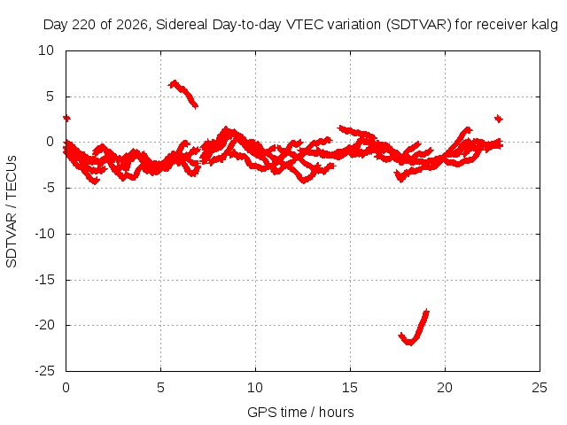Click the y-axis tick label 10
pos(46,50)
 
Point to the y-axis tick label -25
pos(45,371)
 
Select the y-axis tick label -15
pos(45,280)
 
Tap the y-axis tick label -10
pos(45,234)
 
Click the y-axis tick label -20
pos(45,325)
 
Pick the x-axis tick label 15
pos(350,388)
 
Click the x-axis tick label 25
pos(540,388)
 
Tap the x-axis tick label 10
pos(255,388)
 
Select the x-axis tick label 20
pos(445,388)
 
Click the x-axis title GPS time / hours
pos(300,413)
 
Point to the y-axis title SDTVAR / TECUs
pos(12,212)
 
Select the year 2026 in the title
pos(132,25)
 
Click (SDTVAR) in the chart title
pos(419,25)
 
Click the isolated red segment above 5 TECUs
pos(183,94)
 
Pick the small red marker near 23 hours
pos(498,119)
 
